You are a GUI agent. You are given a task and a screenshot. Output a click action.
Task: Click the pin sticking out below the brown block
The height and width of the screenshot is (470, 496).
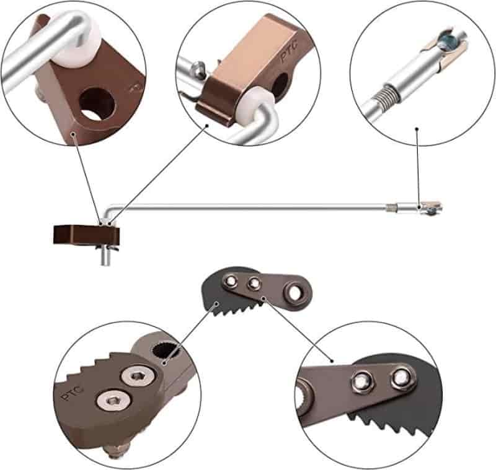click(105, 256)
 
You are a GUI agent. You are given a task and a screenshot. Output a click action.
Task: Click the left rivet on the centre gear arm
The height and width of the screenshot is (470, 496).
click(231, 281)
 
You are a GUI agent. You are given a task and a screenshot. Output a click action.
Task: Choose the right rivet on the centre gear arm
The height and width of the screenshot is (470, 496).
click(254, 283)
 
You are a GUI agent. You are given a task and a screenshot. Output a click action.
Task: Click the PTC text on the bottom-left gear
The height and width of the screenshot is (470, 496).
click(72, 392)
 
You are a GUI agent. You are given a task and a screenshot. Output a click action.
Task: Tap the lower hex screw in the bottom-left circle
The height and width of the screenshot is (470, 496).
click(113, 401)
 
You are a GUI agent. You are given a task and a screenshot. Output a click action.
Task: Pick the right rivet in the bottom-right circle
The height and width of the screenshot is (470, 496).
click(402, 378)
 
